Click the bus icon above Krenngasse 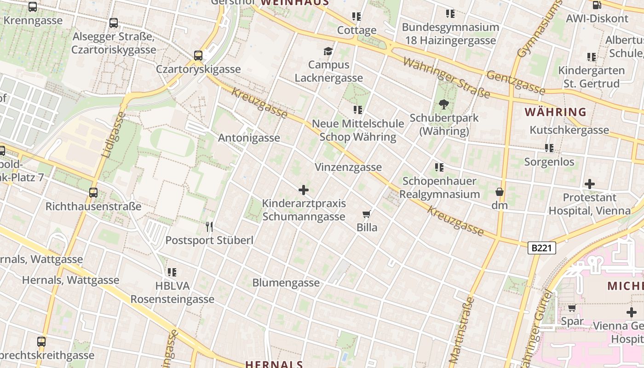click(x=33, y=7)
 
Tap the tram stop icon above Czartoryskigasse click(x=198, y=56)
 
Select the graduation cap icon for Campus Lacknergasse click(x=328, y=51)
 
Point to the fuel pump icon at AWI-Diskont click(x=597, y=5)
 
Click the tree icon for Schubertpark click(x=444, y=104)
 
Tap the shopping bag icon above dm click(x=500, y=192)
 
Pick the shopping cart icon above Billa click(x=367, y=214)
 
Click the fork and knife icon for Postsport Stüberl click(x=209, y=226)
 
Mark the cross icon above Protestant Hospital click(x=590, y=184)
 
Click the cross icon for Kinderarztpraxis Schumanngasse click(x=304, y=190)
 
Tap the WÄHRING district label click(x=556, y=112)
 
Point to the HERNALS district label click(x=274, y=364)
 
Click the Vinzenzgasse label click(x=348, y=167)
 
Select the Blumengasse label click(x=286, y=282)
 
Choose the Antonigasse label click(x=249, y=138)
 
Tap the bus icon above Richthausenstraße click(x=93, y=193)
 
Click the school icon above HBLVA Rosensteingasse click(x=172, y=272)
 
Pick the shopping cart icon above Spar click(x=572, y=308)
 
